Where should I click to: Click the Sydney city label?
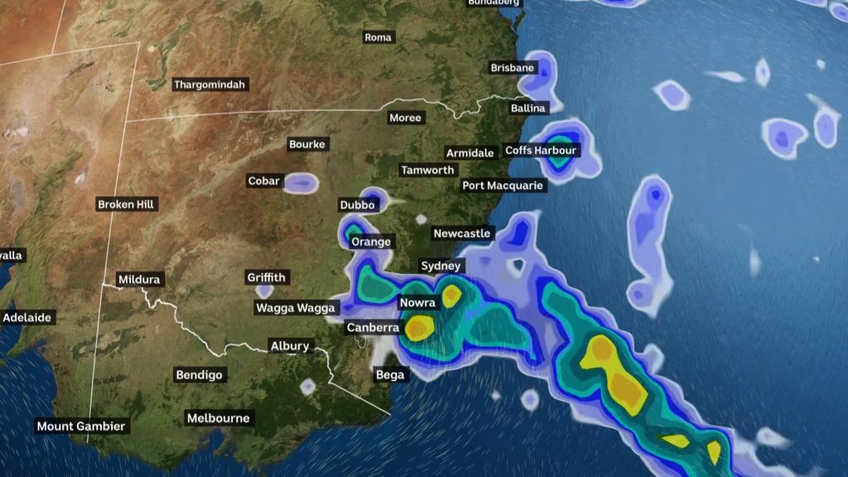click(x=441, y=266)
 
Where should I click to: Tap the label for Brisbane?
click(x=512, y=68)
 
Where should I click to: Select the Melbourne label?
click(x=218, y=418)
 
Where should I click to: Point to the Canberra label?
click(x=373, y=328)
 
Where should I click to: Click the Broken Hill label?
click(x=127, y=204)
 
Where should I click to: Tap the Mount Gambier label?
click(x=81, y=426)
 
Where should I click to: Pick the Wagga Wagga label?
click(x=295, y=308)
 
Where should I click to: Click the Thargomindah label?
click(x=210, y=84)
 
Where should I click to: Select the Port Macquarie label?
click(x=503, y=185)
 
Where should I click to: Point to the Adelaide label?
click(x=27, y=317)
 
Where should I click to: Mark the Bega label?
click(x=390, y=375)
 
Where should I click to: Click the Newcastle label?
click(x=462, y=234)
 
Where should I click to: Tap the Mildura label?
click(x=138, y=279)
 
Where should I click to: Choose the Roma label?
click(x=378, y=37)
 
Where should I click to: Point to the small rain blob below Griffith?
click(x=264, y=291)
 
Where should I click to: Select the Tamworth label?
click(x=427, y=170)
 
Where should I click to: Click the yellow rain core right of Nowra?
click(x=451, y=296)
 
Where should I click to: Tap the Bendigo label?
click(x=200, y=375)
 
